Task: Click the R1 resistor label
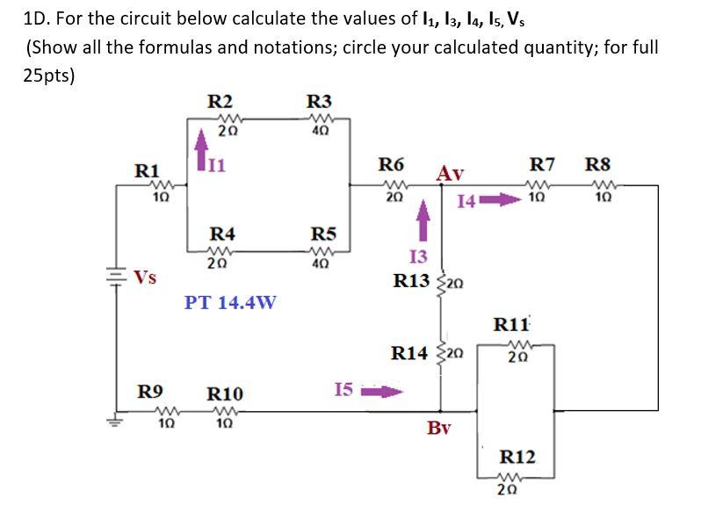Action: pyautogui.click(x=146, y=169)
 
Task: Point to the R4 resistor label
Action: pyautogui.click(x=221, y=234)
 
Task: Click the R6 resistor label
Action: pyautogui.click(x=391, y=163)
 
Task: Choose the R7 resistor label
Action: pyautogui.click(x=543, y=163)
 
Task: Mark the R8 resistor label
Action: pyautogui.click(x=597, y=163)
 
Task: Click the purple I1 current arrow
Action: pyautogui.click(x=200, y=142)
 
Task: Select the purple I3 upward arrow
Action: pyautogui.click(x=424, y=219)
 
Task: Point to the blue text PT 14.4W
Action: pyautogui.click(x=230, y=303)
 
